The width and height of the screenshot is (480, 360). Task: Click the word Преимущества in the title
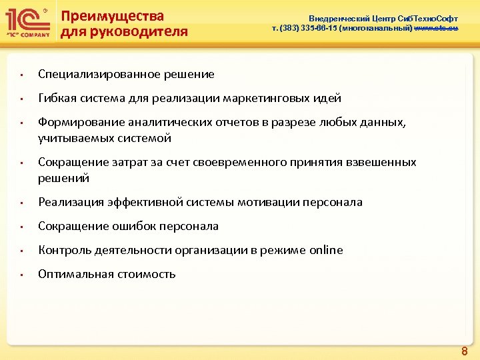[x=112, y=16]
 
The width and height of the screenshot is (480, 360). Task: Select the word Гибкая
[x=57, y=98]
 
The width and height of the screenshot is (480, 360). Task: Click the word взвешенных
[x=382, y=162]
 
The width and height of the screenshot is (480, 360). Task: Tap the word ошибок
[x=127, y=226]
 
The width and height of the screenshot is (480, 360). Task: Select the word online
[x=326, y=250]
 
